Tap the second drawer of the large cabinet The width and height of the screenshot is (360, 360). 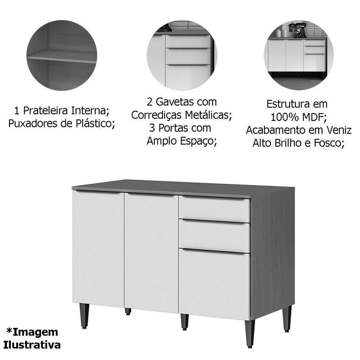(x=215, y=236)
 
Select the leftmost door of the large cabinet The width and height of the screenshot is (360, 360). (x=98, y=248)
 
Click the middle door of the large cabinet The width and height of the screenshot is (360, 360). (x=151, y=252)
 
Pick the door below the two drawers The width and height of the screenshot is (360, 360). (x=215, y=284)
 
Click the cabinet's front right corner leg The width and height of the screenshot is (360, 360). (x=249, y=333)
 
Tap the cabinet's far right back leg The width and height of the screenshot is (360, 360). (x=287, y=318)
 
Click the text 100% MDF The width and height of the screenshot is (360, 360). (x=297, y=117)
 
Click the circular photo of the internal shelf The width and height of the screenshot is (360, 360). (x=62, y=55)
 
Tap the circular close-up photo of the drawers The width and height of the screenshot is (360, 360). (x=181, y=55)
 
